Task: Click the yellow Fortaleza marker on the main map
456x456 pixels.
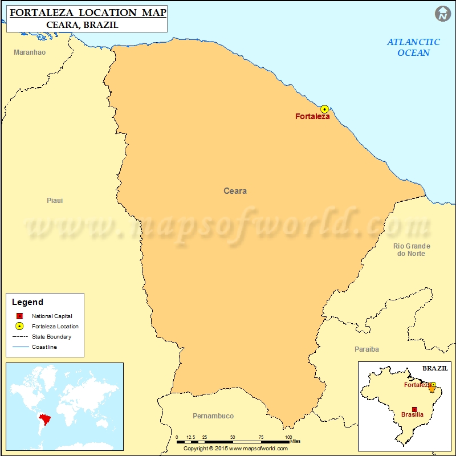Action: (324, 109)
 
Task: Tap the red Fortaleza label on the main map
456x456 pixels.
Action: (312, 117)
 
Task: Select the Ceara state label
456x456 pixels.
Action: (235, 191)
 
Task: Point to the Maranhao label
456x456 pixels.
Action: (30, 52)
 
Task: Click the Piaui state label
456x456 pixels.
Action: (55, 201)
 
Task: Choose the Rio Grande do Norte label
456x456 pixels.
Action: (412, 250)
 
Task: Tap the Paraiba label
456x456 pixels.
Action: (367, 349)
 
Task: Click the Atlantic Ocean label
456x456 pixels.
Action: (414, 47)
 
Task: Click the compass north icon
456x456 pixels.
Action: (443, 14)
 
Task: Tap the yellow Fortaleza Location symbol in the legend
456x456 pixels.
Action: (19, 327)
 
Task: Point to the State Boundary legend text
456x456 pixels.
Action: (51, 337)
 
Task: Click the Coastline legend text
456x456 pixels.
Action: (44, 347)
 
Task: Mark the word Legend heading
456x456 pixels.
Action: (27, 302)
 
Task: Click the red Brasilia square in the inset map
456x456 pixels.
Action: (414, 409)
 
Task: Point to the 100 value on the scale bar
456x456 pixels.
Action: (287, 438)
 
